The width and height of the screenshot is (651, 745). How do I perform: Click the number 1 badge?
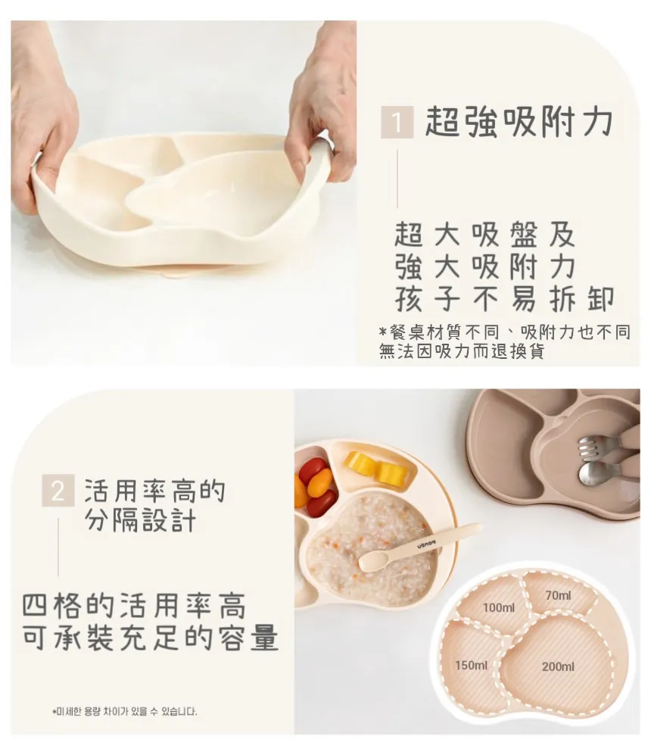397,122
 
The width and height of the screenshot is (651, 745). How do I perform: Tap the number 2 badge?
58,491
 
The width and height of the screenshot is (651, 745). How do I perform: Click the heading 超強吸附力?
519,122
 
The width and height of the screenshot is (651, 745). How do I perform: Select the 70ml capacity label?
559,595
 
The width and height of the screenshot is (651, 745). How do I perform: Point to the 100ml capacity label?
499,607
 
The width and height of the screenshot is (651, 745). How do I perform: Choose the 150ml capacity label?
471,666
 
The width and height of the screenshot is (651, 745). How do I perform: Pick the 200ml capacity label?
558,666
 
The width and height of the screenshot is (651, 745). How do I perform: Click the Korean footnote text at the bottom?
124,711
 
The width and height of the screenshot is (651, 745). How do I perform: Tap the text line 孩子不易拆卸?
504,299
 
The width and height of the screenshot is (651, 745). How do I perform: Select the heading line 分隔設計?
141,520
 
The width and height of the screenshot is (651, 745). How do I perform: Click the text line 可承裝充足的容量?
150,637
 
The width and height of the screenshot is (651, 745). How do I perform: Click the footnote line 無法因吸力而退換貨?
462,351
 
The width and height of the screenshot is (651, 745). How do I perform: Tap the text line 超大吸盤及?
484,234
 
